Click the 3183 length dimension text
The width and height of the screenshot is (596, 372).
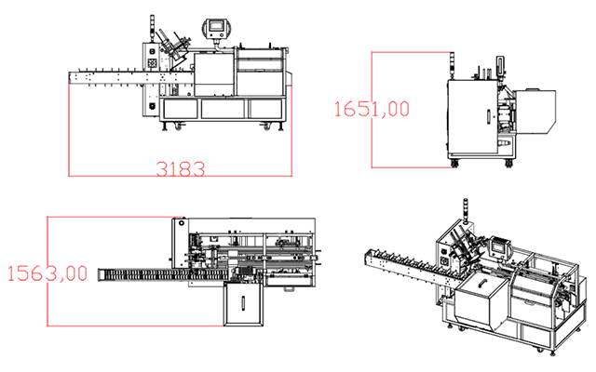click(x=181, y=169)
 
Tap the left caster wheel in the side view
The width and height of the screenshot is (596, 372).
click(x=454, y=164)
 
